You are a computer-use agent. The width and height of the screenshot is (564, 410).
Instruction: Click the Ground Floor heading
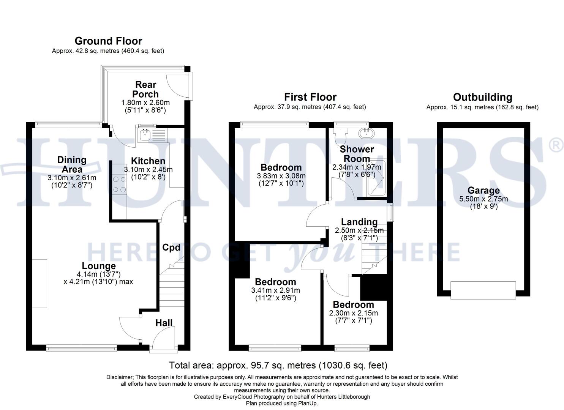pos(108,41)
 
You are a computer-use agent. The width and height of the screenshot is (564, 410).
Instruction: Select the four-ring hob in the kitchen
pos(119,184)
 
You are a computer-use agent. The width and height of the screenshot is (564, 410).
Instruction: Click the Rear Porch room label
pos(145,89)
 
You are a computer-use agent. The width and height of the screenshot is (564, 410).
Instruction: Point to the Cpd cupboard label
pos(171,248)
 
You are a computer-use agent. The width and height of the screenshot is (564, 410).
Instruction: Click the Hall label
pos(164,323)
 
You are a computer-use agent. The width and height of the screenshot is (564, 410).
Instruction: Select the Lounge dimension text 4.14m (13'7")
pos(99,274)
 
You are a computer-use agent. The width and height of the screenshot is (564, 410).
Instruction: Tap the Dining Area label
pos(72,164)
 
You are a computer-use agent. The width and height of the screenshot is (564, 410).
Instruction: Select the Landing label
pos(359,222)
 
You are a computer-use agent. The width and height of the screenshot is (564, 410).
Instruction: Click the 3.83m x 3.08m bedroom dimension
pos(281,176)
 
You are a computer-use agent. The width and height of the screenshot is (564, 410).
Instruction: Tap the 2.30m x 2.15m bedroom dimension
pos(353,313)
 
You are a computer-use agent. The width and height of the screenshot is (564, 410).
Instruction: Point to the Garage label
pos(483,191)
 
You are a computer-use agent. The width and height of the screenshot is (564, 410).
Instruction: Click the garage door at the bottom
pos(483,290)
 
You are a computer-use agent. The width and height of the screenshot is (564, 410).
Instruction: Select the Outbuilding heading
pos(482,97)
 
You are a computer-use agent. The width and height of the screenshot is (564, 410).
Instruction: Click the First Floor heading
pos(310,97)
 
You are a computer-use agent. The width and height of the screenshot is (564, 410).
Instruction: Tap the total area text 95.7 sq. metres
pos(278,366)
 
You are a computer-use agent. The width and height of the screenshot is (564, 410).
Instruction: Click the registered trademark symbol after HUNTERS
pos(556,145)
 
